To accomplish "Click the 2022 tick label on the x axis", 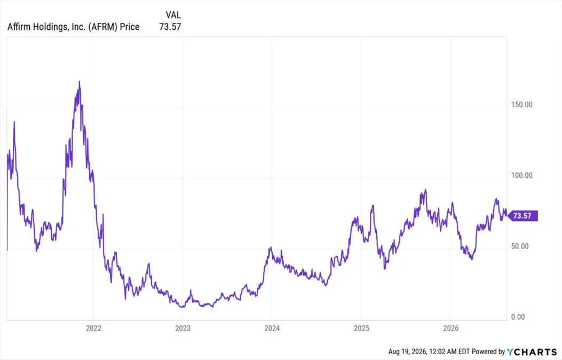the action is click(93, 328).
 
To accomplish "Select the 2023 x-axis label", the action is click(183, 328).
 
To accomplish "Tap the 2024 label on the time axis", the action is click(272, 328).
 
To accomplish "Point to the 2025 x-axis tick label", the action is click(361, 328).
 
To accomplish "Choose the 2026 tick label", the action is click(450, 328).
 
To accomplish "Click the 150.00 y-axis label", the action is click(521, 105).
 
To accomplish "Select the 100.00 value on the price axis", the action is click(521, 175).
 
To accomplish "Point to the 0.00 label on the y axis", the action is click(518, 317).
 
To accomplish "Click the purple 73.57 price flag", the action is click(523, 215).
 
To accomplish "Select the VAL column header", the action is click(173, 15).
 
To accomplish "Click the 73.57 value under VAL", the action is click(170, 27).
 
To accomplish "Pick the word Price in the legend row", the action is click(130, 27).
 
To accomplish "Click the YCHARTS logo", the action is click(532, 352).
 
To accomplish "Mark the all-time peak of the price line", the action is click(80, 81).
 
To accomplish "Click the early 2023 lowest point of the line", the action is click(183, 307).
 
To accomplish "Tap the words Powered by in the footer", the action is click(488, 352).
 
